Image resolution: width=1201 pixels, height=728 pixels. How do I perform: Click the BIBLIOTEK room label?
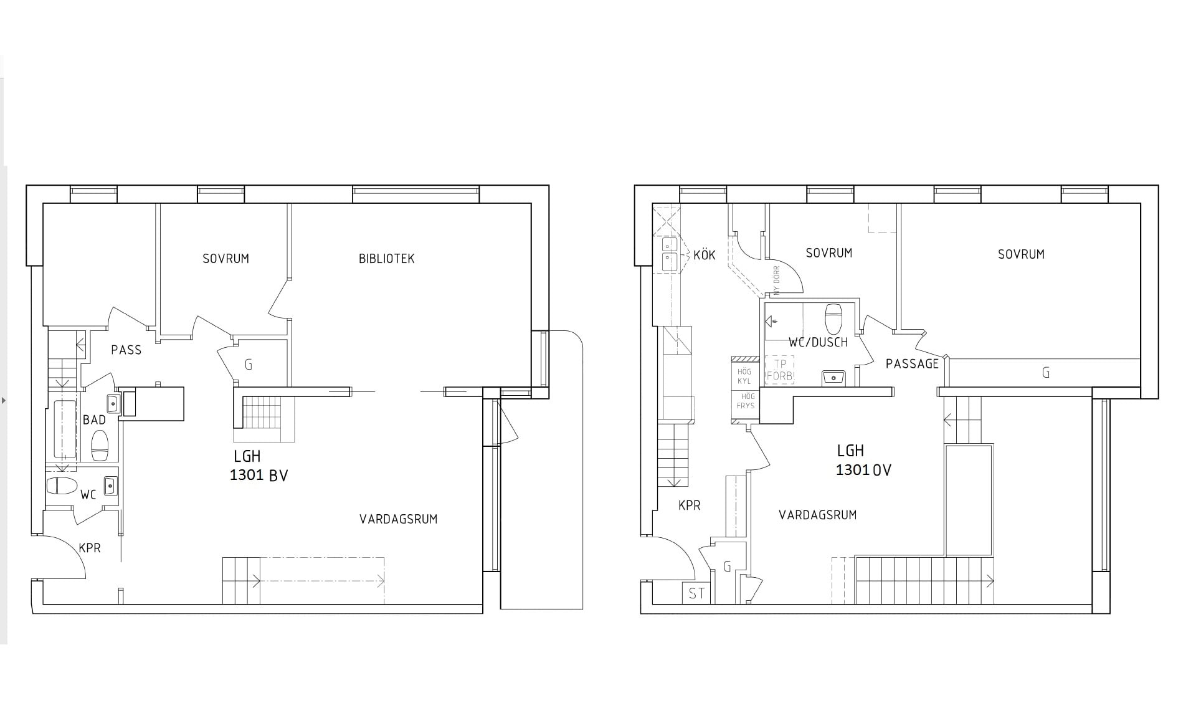386,259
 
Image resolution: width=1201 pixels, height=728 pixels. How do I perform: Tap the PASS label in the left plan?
126,350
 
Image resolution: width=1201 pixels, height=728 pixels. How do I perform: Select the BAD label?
94,420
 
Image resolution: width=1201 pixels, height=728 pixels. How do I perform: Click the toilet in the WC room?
61,486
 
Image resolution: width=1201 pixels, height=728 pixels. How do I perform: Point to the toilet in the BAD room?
100,445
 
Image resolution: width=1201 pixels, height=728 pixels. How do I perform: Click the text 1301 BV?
259,476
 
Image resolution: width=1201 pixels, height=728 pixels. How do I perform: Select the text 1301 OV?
863,470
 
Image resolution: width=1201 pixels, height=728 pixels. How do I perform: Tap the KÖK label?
704,255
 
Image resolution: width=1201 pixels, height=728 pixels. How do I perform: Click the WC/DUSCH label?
818,342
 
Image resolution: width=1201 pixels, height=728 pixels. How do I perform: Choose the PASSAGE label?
912,364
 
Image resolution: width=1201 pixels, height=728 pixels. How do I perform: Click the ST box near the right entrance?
696,593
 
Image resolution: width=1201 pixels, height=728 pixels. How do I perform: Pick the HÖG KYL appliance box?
744,376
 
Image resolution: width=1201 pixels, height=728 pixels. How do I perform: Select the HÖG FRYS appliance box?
745,401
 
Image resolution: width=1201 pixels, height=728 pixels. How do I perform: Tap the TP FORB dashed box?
779,370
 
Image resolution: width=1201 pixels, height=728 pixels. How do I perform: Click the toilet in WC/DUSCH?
833,318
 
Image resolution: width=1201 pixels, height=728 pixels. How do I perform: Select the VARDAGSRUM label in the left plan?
398,519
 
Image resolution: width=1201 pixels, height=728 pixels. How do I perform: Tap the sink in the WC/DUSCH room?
833,376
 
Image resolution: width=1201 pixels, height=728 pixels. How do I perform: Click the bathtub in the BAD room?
64,429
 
